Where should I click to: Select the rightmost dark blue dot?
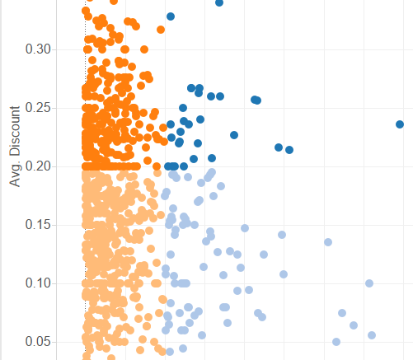(400, 124)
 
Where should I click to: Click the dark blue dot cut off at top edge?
(219, 2)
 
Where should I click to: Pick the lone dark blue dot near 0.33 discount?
(171, 16)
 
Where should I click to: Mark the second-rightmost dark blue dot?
(289, 150)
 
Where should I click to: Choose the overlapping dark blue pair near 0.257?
(256, 100)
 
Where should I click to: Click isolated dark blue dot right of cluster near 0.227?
(234, 135)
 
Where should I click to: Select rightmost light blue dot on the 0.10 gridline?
(369, 283)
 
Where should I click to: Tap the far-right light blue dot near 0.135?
(328, 242)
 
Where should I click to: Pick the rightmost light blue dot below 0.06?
(372, 335)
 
